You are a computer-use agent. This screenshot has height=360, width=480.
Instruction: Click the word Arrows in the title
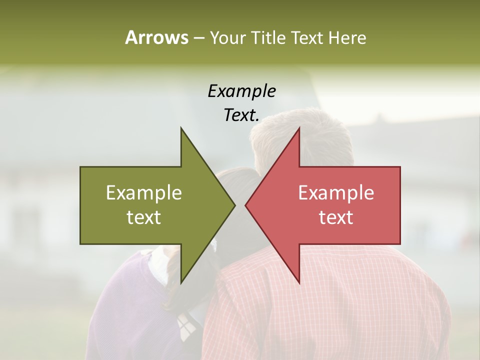(x=156, y=37)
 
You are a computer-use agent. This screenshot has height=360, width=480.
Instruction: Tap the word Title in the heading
(x=270, y=38)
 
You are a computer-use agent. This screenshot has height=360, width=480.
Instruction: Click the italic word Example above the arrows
(x=241, y=91)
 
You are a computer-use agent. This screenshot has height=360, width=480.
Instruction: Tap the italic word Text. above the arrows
(x=241, y=115)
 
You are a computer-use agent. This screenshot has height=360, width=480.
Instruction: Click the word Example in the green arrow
(x=143, y=193)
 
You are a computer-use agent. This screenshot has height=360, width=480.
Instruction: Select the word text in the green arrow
(x=143, y=217)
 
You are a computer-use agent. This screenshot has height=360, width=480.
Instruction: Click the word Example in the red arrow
(x=336, y=193)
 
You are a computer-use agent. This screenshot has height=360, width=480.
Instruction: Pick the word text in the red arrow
(x=336, y=217)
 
